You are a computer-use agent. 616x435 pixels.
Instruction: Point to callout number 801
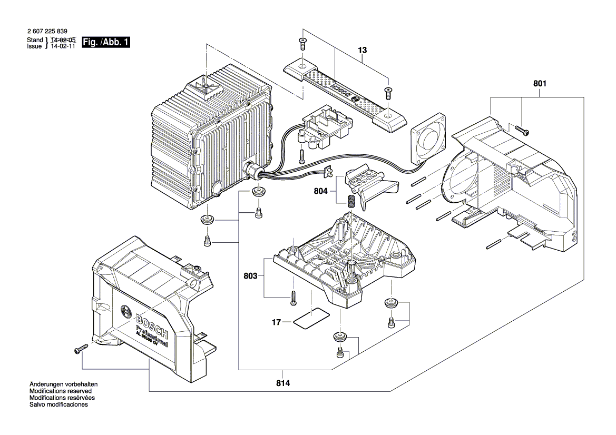[540, 83]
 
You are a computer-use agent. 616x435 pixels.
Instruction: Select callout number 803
[250, 275]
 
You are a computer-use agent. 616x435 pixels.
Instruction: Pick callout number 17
[277, 322]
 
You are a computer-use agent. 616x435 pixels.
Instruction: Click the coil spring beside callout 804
[350, 201]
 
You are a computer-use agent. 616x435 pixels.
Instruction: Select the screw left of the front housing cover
[83, 348]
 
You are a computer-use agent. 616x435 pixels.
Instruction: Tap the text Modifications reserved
[61, 391]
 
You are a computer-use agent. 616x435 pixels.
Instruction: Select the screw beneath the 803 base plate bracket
[292, 299]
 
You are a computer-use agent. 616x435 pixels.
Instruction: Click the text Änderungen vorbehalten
[63, 385]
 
